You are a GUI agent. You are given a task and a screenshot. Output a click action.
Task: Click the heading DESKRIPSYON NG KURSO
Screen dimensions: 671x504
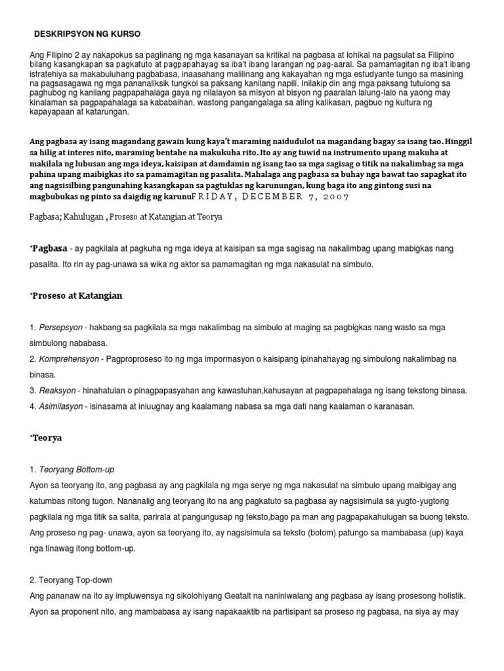(87, 33)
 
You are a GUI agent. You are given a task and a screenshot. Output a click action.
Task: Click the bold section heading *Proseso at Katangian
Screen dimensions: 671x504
(76, 296)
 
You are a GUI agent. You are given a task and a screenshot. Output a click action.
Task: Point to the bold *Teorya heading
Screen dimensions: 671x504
(46, 438)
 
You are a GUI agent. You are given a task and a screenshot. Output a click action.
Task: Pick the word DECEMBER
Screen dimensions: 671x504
(280, 197)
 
